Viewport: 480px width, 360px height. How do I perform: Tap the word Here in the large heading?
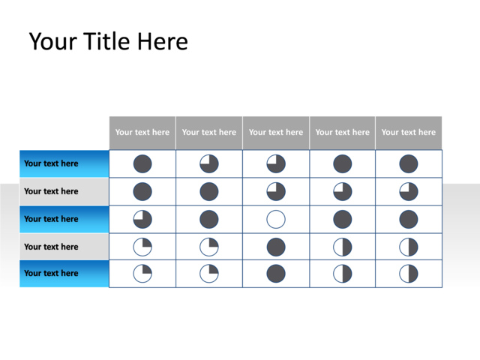click(x=163, y=41)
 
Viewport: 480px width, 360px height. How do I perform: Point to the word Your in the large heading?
click(x=53, y=41)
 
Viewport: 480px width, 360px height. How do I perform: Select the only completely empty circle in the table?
click(x=276, y=219)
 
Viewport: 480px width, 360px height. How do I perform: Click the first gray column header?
click(x=142, y=133)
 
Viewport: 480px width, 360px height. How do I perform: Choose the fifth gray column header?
click(x=409, y=133)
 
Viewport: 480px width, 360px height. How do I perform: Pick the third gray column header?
click(x=276, y=133)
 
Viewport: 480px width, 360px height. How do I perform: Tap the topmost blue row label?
click(x=64, y=163)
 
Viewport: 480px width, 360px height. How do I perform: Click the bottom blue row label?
click(x=64, y=274)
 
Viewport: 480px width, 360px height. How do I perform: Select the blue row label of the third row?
click(x=64, y=219)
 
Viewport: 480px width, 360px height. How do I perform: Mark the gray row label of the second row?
click(x=64, y=191)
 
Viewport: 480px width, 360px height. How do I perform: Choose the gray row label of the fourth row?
click(x=64, y=247)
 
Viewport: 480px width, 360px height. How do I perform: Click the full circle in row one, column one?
click(x=142, y=163)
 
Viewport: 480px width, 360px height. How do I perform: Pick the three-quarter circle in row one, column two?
click(x=209, y=163)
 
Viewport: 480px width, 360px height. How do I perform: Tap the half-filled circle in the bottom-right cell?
click(x=409, y=273)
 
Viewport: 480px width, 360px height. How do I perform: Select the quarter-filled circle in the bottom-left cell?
click(x=142, y=273)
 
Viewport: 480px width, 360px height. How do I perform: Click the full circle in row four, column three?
click(x=276, y=247)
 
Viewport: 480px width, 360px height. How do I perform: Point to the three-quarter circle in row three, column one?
click(x=142, y=219)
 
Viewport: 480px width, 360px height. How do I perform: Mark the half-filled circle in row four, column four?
click(x=343, y=247)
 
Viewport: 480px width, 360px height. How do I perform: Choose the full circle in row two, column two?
click(x=209, y=192)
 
